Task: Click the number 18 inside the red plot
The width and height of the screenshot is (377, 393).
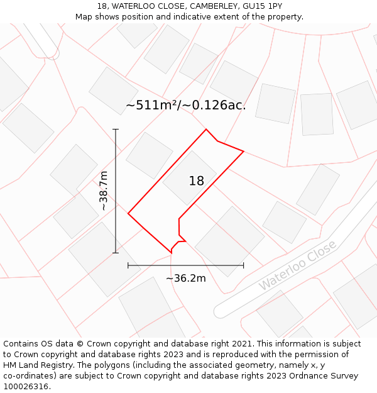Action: pos(196,181)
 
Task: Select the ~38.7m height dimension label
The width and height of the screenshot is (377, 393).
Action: pos(104,191)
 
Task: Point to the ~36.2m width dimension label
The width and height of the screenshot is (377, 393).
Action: pos(186,278)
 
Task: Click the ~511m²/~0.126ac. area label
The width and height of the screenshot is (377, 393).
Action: pos(185,105)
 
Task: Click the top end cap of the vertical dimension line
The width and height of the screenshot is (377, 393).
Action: pos(116,130)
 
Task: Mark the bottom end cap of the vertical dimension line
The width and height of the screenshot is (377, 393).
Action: pos(116,253)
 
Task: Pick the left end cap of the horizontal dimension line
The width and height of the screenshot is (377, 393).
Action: pos(128,265)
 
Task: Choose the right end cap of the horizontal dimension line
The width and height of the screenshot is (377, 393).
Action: pos(243,265)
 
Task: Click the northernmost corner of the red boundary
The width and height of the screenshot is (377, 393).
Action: pos(206,130)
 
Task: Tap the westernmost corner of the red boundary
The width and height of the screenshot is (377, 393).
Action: pos(128,214)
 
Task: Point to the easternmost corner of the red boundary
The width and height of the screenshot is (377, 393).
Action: pos(243,152)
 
